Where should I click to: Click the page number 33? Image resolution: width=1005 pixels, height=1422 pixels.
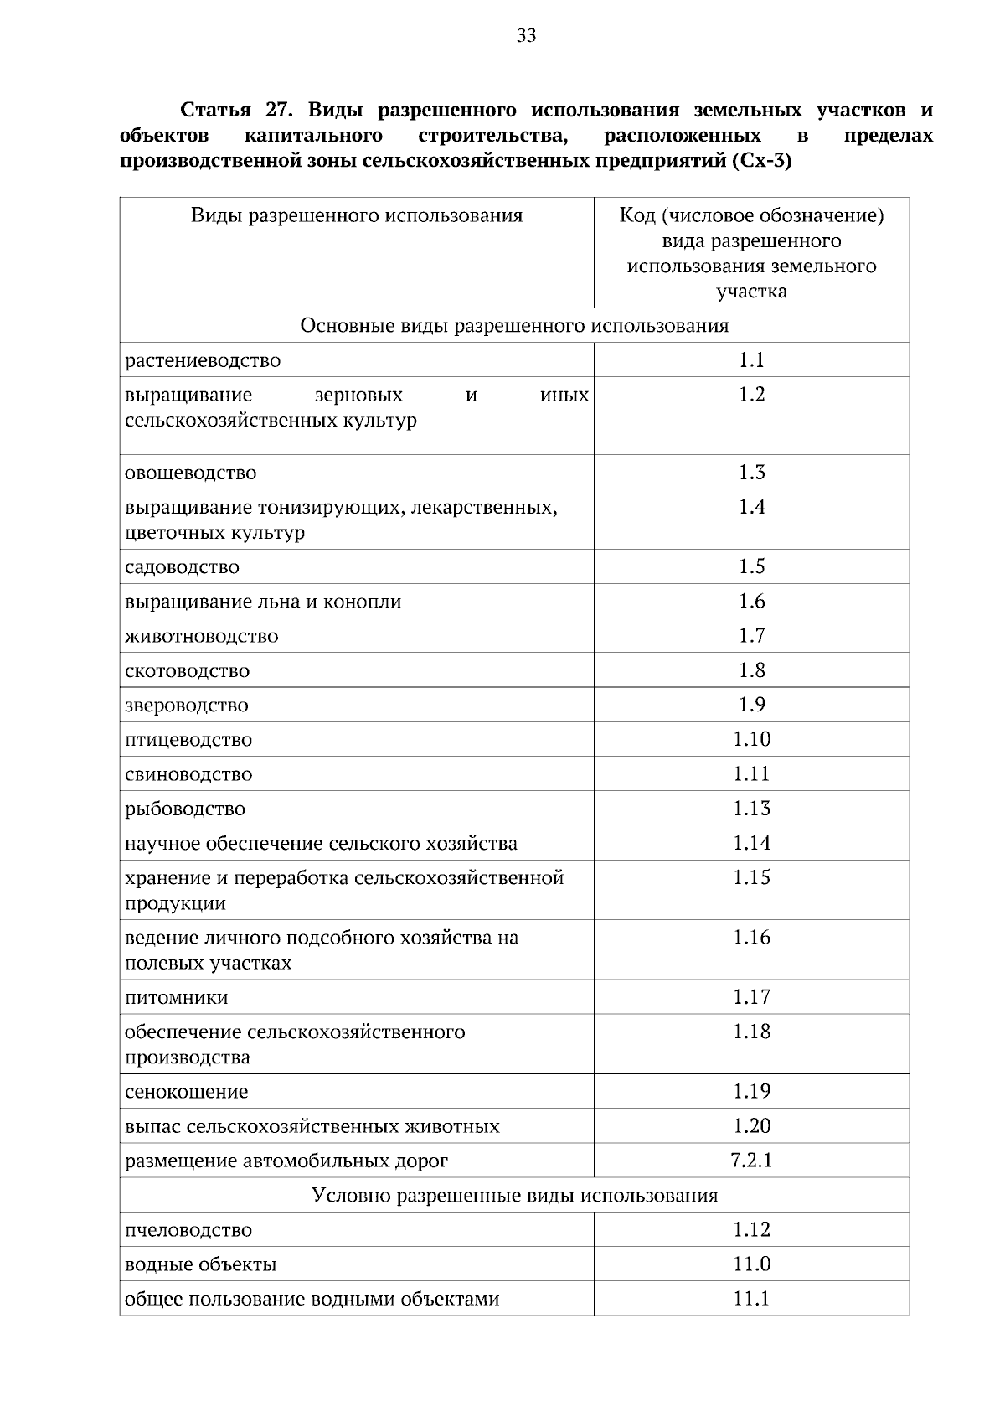(527, 36)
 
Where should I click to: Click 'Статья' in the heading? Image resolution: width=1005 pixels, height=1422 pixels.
(214, 111)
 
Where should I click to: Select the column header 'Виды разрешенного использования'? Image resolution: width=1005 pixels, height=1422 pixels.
(357, 216)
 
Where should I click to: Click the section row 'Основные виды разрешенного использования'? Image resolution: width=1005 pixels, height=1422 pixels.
(514, 326)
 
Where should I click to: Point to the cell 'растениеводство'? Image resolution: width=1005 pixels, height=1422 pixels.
(203, 361)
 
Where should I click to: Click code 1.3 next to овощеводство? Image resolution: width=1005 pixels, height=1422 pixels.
(751, 473)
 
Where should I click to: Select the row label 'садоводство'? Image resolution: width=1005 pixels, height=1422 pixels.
(182, 567)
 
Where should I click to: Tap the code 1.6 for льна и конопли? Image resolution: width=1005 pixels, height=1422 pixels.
(751, 602)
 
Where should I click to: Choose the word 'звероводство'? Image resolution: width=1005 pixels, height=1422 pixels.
(187, 706)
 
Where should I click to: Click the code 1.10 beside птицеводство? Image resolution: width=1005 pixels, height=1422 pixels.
(751, 739)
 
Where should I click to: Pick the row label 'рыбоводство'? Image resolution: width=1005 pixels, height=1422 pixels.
(185, 809)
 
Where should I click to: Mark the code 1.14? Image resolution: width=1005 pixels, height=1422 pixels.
(751, 843)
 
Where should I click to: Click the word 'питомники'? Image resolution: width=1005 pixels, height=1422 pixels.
(176, 998)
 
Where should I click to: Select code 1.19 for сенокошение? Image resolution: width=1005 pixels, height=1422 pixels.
(751, 1091)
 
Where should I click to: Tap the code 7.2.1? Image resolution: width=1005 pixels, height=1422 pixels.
(751, 1161)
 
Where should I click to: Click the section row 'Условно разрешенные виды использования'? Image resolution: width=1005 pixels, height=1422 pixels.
(514, 1196)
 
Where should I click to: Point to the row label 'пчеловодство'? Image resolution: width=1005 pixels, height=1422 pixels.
(188, 1231)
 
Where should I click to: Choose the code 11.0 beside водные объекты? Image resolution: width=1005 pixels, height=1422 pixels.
(751, 1264)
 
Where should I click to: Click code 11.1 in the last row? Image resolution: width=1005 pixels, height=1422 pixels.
(751, 1299)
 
